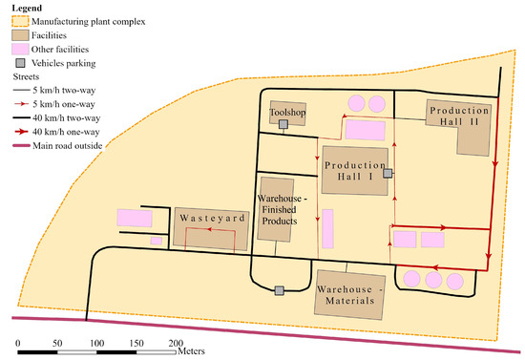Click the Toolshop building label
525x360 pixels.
(x=287, y=112)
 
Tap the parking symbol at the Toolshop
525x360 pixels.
(x=283, y=124)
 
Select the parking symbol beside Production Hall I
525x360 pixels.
(x=388, y=173)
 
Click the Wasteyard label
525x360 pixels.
(x=212, y=218)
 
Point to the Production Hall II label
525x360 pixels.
(x=459, y=116)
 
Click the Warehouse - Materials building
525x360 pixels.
(x=349, y=295)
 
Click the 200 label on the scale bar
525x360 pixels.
(x=176, y=343)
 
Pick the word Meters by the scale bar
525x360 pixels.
(x=191, y=351)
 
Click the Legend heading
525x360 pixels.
(x=27, y=8)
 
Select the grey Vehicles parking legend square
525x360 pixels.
(x=21, y=63)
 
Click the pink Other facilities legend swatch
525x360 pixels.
(x=20, y=50)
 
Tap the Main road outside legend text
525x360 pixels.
(x=68, y=146)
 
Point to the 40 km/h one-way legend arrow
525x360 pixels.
(x=20, y=132)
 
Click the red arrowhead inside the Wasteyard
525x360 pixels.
(x=209, y=229)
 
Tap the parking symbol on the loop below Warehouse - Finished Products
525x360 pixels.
(x=280, y=290)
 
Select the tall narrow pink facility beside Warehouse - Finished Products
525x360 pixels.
(x=327, y=229)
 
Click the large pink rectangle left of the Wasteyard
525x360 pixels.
(x=135, y=218)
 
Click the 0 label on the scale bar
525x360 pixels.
(x=18, y=343)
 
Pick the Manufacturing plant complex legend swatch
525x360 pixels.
(x=20, y=21)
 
